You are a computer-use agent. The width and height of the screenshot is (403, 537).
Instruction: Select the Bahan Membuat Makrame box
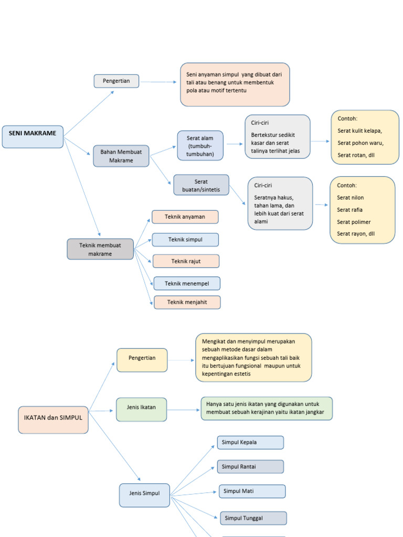pos(121,156)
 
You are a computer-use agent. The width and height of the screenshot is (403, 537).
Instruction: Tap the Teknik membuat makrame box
pos(100,249)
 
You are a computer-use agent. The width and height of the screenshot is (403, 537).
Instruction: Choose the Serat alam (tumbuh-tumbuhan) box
pos(200,146)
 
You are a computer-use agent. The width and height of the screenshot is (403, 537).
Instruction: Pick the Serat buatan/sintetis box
pos(201,185)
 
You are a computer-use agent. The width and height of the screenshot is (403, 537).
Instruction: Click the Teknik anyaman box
pos(185,217)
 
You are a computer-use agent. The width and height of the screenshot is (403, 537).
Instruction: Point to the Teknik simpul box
pos(185,240)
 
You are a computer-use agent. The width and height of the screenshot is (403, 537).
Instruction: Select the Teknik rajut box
pos(186,261)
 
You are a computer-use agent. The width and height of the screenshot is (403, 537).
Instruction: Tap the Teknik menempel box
pos(187,284)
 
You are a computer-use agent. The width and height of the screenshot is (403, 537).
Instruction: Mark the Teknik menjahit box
pos(187,303)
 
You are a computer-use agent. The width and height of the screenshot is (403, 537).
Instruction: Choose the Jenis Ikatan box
pos(141,409)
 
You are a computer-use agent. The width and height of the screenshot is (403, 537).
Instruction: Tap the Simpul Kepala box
pos(250,443)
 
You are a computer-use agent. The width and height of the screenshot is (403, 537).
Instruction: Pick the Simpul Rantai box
pos(250,467)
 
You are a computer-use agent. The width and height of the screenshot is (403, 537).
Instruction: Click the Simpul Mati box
pos(252,491)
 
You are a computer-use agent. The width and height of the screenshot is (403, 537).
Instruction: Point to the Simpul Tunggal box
pos(253,518)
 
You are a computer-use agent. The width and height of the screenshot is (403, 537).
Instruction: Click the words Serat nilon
pos(350,198)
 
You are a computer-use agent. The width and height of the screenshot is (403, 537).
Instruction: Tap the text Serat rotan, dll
pos(356,155)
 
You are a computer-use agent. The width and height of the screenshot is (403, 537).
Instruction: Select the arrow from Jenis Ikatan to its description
pos(184,410)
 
